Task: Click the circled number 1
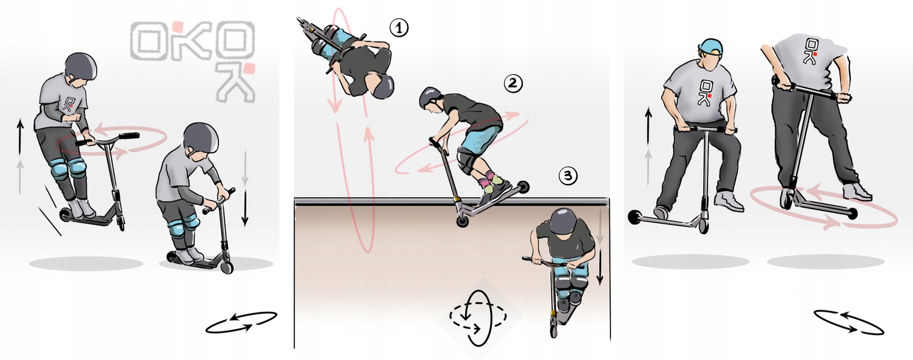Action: click(x=399, y=28)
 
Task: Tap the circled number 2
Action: click(x=513, y=83)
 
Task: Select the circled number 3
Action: click(x=568, y=176)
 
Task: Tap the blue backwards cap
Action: click(x=711, y=46)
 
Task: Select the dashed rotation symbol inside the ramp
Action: click(x=478, y=318)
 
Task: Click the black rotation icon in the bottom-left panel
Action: click(x=242, y=322)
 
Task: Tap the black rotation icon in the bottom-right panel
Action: click(x=849, y=322)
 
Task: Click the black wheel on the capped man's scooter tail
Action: click(x=635, y=217)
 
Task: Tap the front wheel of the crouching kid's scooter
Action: click(x=226, y=267)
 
